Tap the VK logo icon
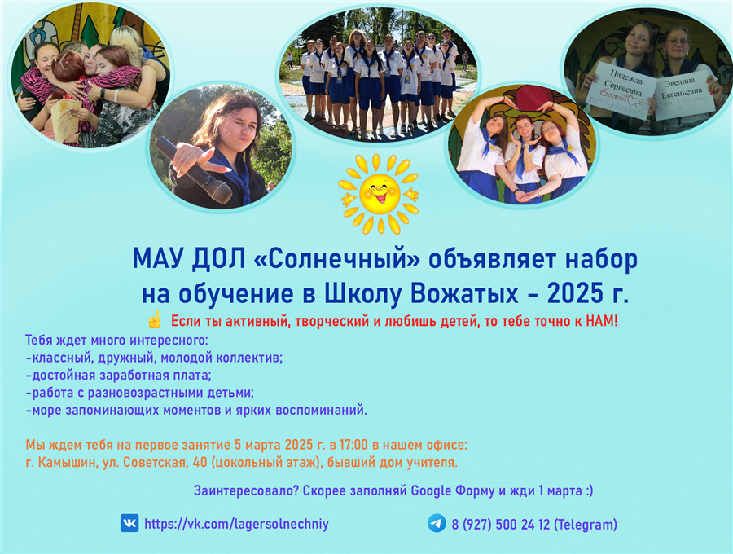point(129,523)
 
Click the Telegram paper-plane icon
point(437,523)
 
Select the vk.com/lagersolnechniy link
point(236,524)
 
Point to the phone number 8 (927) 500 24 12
point(501,525)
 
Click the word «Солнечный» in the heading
point(337,258)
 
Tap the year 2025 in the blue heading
point(575,293)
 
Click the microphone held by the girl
point(193,169)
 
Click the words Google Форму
point(453,491)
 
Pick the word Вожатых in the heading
point(464,293)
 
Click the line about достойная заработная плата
point(119,376)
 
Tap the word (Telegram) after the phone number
point(586,525)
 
